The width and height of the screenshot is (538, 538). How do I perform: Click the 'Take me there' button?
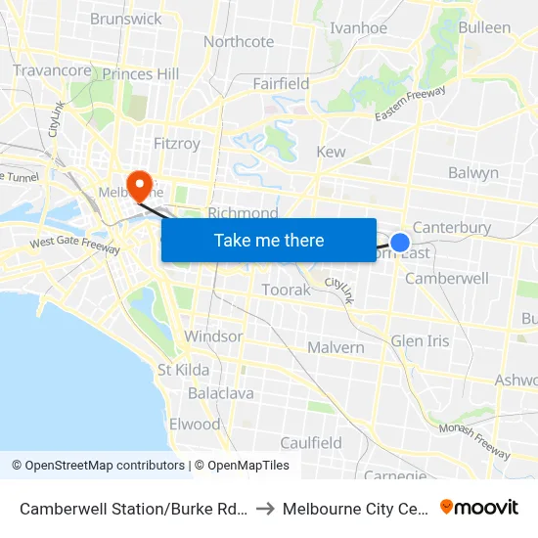point(269,240)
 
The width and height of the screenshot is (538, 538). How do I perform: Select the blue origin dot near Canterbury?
point(400,242)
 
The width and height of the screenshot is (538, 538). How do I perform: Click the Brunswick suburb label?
point(125,19)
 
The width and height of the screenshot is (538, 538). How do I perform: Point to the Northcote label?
point(239,41)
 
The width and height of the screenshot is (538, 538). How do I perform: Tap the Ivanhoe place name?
point(359,27)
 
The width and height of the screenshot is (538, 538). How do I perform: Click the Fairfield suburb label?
point(281,84)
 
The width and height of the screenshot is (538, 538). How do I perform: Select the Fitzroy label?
point(176,144)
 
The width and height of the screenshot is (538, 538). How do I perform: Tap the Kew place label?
point(331,153)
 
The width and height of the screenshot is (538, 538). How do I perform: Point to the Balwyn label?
point(472,173)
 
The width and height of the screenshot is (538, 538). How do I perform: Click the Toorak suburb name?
point(286,290)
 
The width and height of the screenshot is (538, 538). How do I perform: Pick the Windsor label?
point(213,336)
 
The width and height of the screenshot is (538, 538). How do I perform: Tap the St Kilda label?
point(183,370)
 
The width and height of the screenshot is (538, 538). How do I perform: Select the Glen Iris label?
point(420,340)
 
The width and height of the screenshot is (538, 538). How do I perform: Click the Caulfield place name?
point(311,443)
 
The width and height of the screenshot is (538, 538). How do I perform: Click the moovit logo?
point(479,507)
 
